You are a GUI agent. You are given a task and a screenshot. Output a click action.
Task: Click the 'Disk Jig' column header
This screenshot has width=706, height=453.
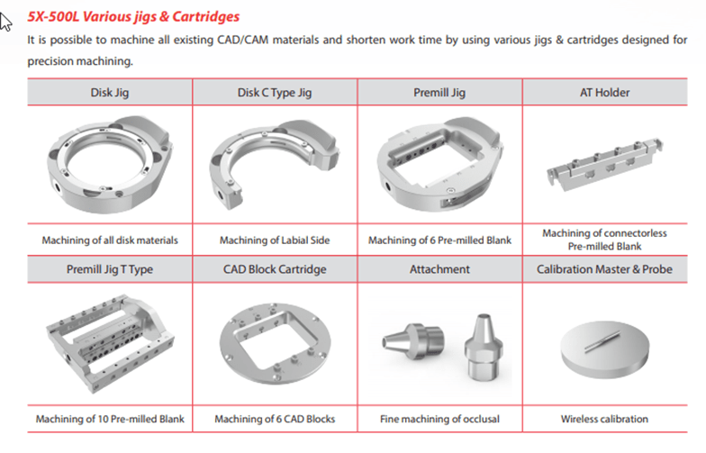[x=110, y=92]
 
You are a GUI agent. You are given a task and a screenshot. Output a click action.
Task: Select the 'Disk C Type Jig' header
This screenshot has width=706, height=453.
[x=275, y=92]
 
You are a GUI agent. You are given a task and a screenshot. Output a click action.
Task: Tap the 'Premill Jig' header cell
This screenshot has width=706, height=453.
[x=439, y=92]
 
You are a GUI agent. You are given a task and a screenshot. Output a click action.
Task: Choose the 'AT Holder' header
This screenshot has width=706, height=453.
[x=604, y=92]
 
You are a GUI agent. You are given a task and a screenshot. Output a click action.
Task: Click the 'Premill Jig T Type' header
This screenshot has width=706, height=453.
[x=110, y=269]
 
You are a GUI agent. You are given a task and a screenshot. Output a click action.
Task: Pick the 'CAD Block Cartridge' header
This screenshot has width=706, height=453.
[x=275, y=269]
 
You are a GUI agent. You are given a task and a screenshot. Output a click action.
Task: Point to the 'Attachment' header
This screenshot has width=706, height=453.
[x=439, y=269]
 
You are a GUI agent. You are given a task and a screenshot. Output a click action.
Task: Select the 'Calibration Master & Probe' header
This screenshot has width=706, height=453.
[x=604, y=269]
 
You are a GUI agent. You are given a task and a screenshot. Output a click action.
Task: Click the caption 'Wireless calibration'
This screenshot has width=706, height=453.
[x=604, y=419]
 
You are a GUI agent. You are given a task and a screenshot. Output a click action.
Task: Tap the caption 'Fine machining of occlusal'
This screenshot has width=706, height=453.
[x=439, y=419]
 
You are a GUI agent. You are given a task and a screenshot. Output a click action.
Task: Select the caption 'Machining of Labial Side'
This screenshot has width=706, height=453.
[x=275, y=240]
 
